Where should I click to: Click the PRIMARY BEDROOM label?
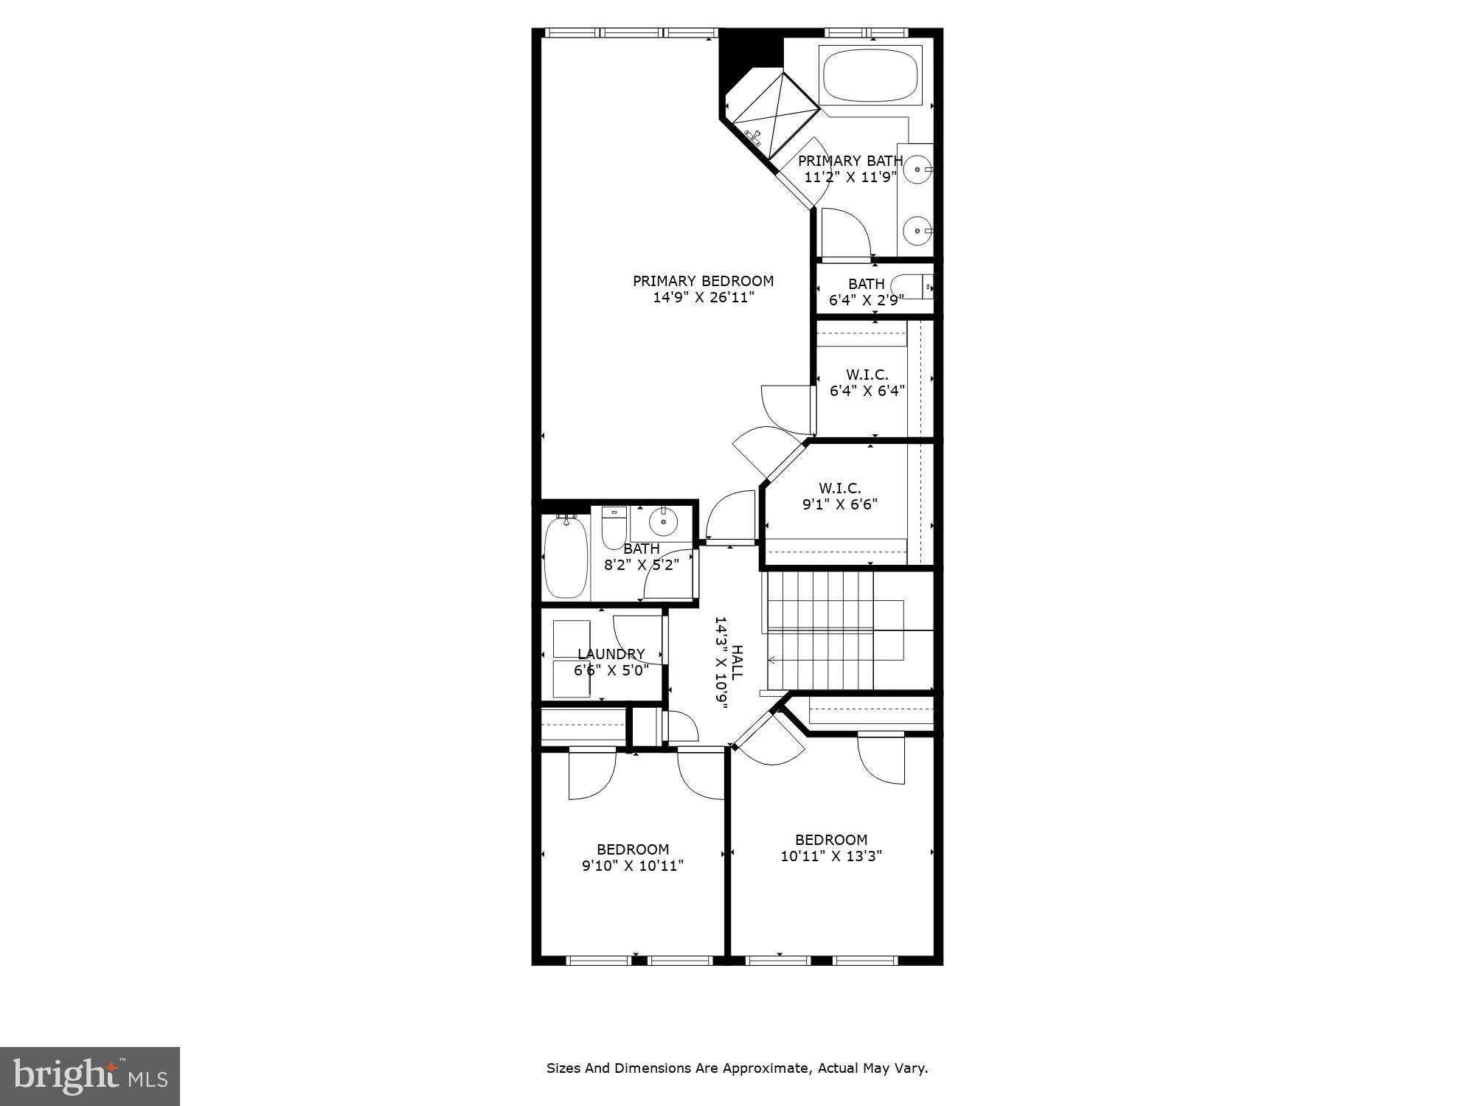tap(703, 281)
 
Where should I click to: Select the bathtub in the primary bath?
tap(870, 75)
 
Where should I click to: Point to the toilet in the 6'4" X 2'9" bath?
tap(909, 286)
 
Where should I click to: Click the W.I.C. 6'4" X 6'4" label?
tap(867, 383)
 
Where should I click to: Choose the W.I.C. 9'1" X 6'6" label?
tap(839, 496)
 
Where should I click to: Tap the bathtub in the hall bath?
tap(566, 557)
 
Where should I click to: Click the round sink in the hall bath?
tap(663, 521)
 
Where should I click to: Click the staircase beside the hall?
tap(819, 630)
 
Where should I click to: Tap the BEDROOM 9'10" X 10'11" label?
tap(633, 858)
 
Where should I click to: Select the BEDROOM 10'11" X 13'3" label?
tap(831, 848)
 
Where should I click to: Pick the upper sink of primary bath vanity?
tap(917, 170)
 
